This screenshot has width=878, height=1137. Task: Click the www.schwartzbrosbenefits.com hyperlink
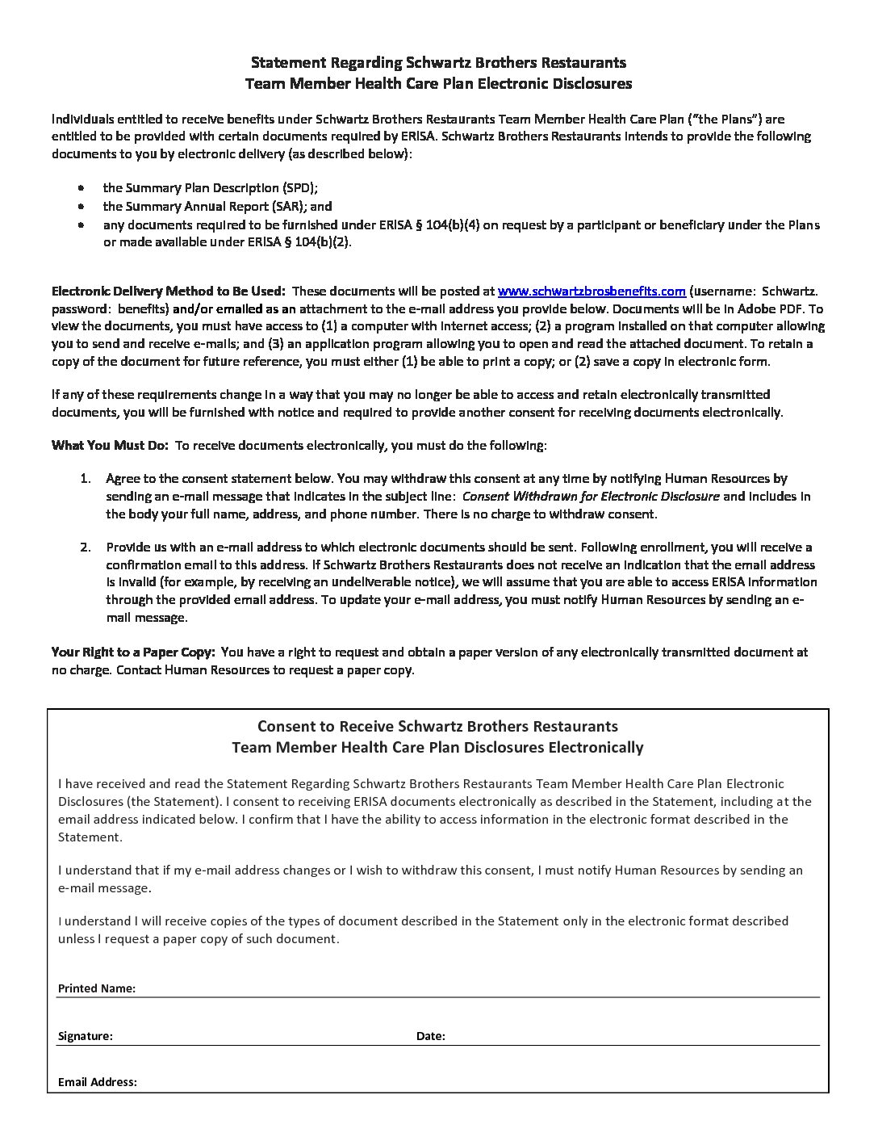(592, 291)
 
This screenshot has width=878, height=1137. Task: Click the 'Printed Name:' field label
(97, 988)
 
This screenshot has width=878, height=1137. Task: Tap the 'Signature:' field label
(86, 1036)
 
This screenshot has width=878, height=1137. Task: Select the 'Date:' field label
(431, 1036)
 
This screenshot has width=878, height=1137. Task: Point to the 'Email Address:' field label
(98, 1082)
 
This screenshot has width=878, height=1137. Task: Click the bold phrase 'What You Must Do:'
(110, 445)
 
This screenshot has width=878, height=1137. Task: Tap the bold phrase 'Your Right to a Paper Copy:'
(133, 652)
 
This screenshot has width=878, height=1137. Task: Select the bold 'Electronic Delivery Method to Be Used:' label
(168, 291)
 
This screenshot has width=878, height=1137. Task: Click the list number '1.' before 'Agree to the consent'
(86, 479)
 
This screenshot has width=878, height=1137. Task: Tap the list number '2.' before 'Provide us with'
(86, 548)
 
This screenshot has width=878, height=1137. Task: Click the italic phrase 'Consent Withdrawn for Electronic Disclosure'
(591, 497)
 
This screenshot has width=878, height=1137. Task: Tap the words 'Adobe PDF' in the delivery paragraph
(769, 308)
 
